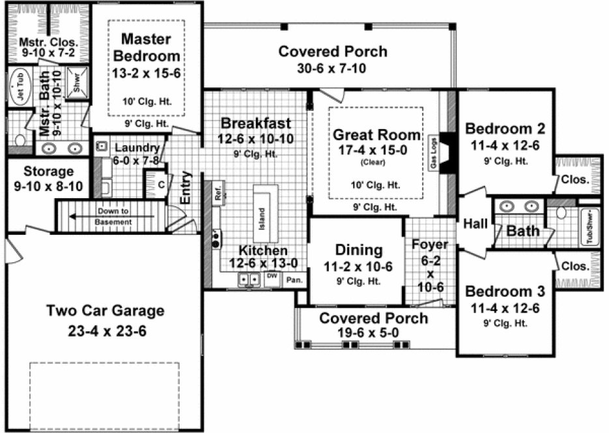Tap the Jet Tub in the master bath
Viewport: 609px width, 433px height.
pyautogui.click(x=20, y=91)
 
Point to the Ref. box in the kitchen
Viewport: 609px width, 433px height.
pyautogui.click(x=218, y=193)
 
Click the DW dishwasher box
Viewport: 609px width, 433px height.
pyautogui.click(x=272, y=276)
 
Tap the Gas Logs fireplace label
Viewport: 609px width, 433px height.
pyautogui.click(x=433, y=155)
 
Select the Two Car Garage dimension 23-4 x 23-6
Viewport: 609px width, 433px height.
pyautogui.click(x=106, y=331)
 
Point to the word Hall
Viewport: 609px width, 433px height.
pyautogui.click(x=475, y=224)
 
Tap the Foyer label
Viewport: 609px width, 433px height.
pyautogui.click(x=429, y=245)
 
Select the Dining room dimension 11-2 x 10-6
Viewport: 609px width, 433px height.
pyautogui.click(x=358, y=266)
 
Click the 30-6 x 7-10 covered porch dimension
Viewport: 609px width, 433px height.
pyautogui.click(x=333, y=68)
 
